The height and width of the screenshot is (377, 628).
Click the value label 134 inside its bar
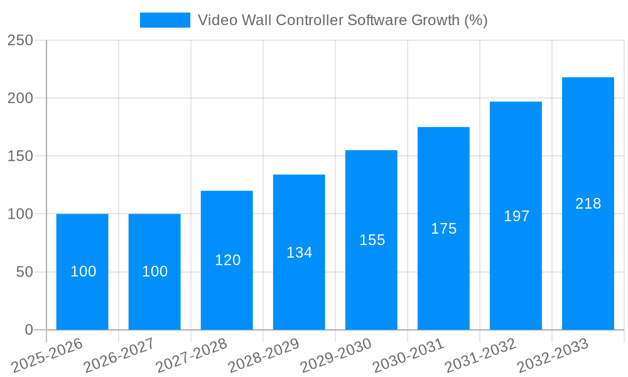point(300,253)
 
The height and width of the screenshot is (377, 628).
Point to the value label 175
point(444,229)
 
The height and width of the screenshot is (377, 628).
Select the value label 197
point(516,216)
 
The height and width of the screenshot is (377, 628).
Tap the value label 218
point(588,204)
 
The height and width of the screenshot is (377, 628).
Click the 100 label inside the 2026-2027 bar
point(155,271)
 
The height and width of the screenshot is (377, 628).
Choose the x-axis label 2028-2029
point(264,356)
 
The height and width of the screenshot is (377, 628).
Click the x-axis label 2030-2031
point(408,356)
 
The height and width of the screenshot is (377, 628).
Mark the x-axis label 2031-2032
point(480,356)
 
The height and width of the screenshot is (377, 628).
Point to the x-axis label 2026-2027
point(119,356)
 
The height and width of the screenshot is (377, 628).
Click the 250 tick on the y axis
point(20,40)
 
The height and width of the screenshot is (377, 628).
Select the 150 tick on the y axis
point(20,156)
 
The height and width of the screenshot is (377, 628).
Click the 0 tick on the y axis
point(29,330)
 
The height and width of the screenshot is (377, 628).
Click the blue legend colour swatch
point(165,20)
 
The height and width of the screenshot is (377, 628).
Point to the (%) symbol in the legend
point(475,20)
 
